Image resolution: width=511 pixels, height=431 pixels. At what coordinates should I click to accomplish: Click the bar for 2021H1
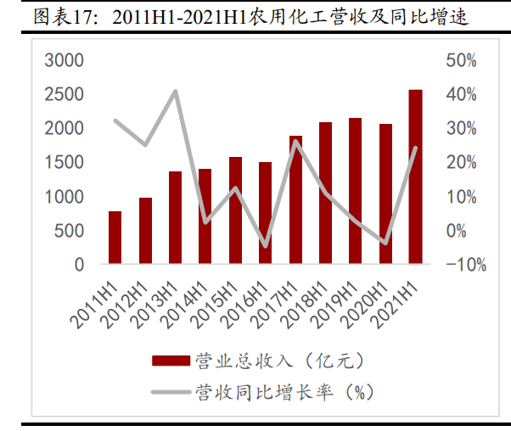[415, 177]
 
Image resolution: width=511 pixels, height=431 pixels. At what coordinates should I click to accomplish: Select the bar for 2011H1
[115, 238]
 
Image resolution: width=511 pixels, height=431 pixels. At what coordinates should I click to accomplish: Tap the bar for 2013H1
[175, 218]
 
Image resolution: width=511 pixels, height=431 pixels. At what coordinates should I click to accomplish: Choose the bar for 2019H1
[355, 191]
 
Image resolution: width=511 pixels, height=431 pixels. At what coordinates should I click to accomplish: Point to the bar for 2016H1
[265, 213]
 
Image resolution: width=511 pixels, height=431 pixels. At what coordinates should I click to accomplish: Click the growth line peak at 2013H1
[175, 91]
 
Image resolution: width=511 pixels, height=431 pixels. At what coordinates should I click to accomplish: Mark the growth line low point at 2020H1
[385, 243]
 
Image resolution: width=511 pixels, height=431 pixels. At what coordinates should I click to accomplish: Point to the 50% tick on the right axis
[461, 60]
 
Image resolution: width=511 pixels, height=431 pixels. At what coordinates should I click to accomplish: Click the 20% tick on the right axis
[461, 162]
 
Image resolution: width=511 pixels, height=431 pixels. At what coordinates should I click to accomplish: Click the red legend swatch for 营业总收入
[170, 361]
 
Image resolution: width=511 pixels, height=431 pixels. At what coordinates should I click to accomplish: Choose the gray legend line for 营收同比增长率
[170, 392]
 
